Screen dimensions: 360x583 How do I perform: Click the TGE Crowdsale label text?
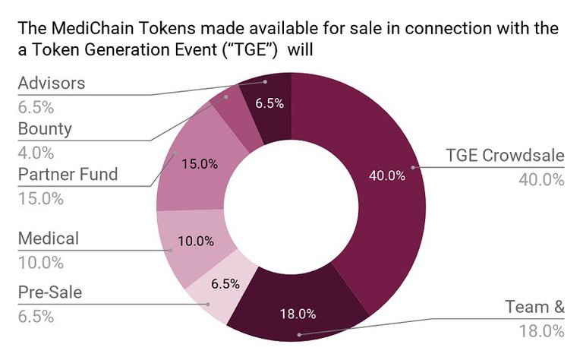(505, 156)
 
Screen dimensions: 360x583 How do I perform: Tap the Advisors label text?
(52, 83)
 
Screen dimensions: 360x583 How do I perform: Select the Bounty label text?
(45, 128)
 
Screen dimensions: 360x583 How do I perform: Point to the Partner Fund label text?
(68, 174)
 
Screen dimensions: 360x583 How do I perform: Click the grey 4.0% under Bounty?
(36, 152)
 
